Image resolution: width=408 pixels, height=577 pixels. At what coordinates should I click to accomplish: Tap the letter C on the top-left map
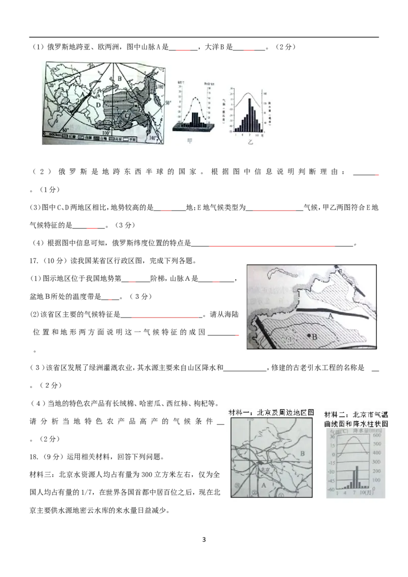127,115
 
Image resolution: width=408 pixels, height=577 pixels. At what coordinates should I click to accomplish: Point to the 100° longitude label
106,133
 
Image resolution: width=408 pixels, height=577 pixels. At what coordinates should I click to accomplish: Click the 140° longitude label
152,138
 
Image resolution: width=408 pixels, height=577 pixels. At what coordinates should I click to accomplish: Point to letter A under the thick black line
330,317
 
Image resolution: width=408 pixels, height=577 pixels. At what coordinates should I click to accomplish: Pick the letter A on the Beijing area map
264,485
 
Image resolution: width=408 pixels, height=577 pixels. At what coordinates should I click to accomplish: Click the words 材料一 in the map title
237,413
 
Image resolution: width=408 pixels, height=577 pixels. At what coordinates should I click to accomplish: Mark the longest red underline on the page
272,247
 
